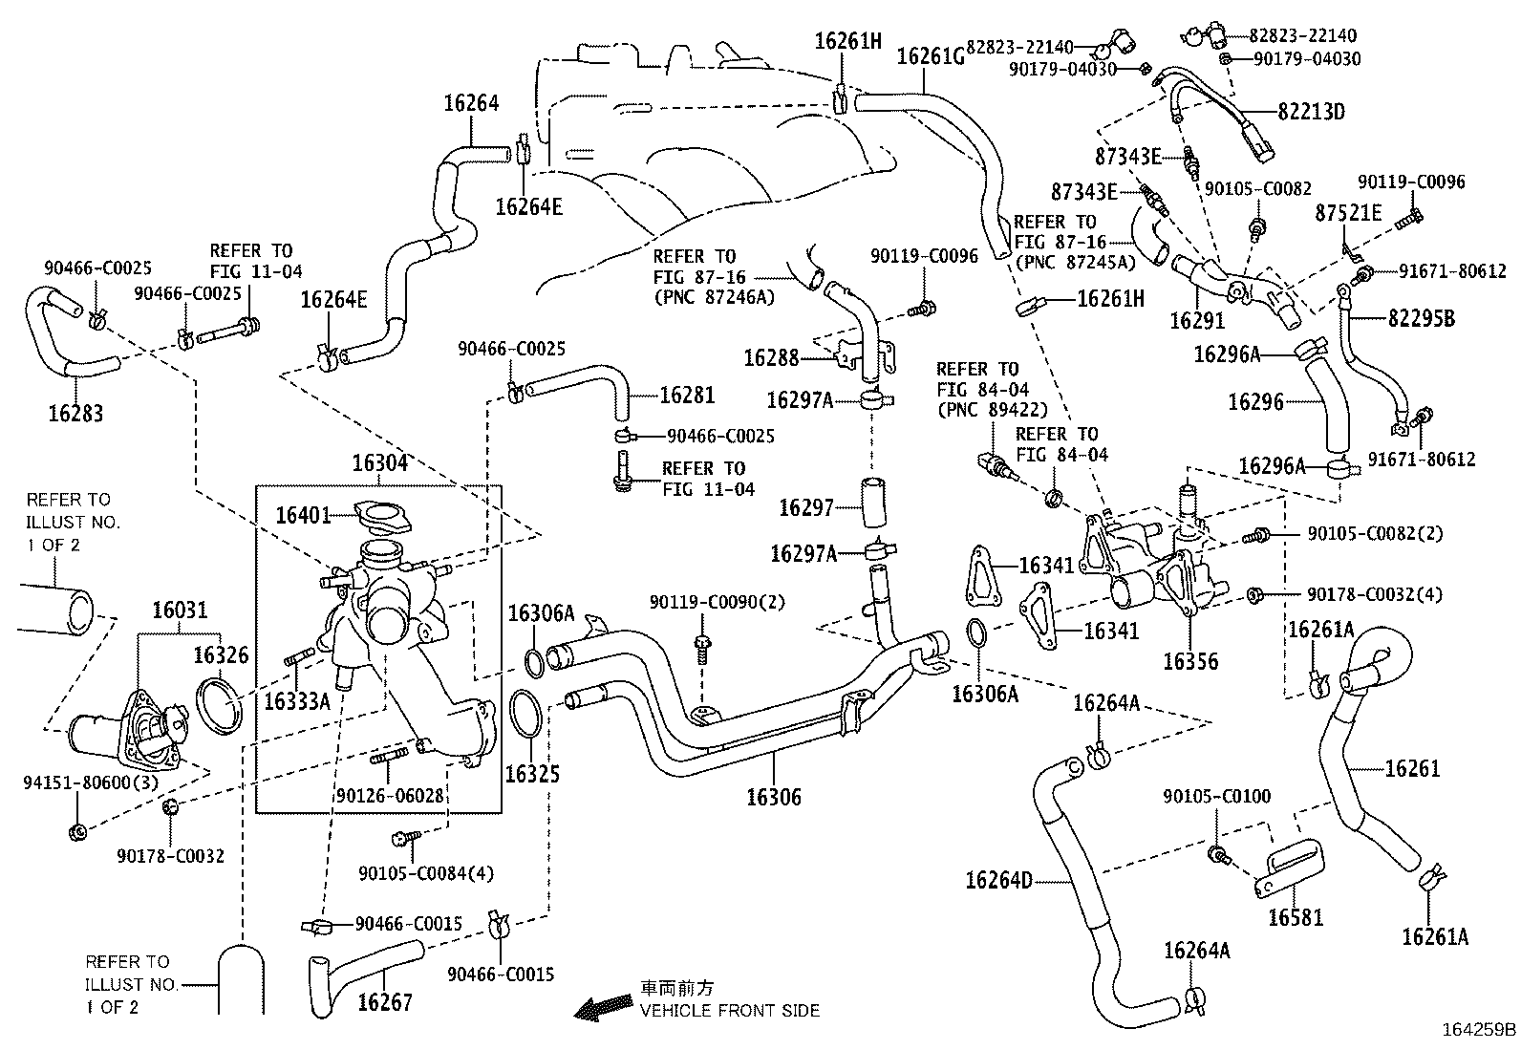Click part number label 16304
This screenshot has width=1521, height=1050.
click(x=379, y=463)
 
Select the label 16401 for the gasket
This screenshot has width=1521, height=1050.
click(x=303, y=515)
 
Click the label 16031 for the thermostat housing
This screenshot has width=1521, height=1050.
click(x=180, y=611)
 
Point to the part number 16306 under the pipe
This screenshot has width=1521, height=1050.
click(x=773, y=797)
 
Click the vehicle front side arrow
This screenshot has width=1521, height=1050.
click(x=603, y=1006)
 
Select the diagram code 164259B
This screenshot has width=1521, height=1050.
click(x=1478, y=1030)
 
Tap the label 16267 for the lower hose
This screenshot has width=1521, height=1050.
click(x=385, y=1002)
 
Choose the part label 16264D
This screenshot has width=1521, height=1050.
click(x=998, y=880)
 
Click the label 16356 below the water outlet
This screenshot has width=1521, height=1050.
click(x=1189, y=660)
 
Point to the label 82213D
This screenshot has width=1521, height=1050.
click(x=1311, y=111)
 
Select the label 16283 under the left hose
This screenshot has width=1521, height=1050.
click(x=75, y=414)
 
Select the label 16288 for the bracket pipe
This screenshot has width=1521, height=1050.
click(x=771, y=357)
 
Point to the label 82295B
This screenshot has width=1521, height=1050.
click(x=1417, y=319)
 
